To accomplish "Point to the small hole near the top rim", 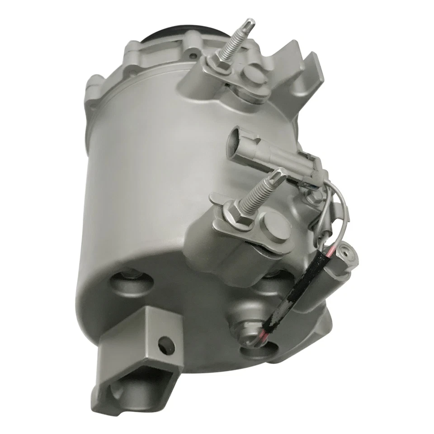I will [x=193, y=56].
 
